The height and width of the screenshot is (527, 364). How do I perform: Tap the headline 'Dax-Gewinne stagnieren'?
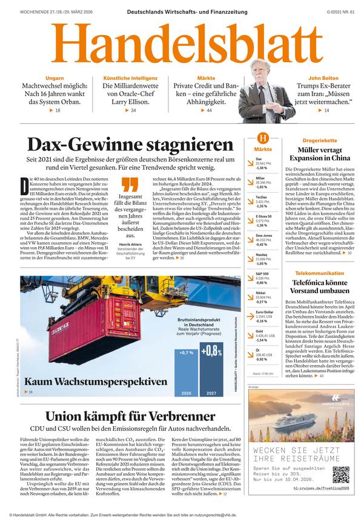tap(131, 145)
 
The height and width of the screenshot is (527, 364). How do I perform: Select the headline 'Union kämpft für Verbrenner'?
tap(130, 416)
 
